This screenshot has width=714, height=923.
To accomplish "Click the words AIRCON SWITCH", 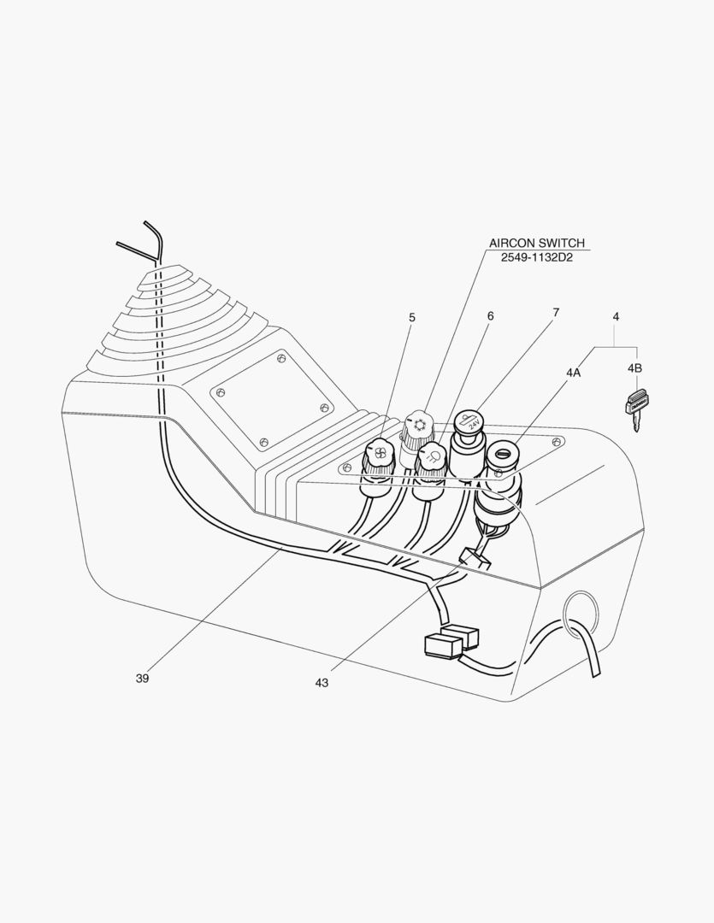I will tap(536, 244).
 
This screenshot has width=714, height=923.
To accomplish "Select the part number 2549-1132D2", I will tap(536, 257).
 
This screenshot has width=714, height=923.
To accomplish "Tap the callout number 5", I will tap(411, 317).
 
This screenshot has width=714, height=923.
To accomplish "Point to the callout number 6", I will tap(490, 315).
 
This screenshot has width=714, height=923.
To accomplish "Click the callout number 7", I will tap(556, 313).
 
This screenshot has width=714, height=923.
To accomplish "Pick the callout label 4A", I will tap(572, 373).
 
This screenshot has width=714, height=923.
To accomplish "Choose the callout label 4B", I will tap(634, 368).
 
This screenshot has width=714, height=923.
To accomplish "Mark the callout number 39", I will tap(142, 678).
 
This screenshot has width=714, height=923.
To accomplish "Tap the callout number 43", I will tap(322, 682).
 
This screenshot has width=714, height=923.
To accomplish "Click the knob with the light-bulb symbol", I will tap(431, 458).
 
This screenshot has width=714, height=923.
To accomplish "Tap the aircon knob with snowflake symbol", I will tap(419, 424).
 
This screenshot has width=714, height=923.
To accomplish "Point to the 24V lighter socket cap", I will tap(469, 423).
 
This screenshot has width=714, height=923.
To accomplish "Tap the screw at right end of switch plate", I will tap(557, 442).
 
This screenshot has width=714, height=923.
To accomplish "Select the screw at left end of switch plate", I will tap(347, 467).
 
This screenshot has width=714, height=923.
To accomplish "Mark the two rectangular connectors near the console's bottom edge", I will tap(450, 641).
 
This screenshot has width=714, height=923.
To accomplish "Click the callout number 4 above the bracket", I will tap(616, 317).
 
